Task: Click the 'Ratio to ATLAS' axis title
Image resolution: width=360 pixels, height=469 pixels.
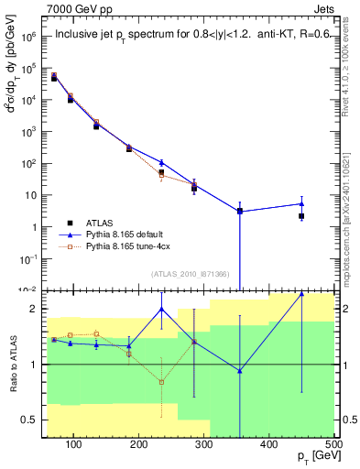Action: click(x=12, y=365)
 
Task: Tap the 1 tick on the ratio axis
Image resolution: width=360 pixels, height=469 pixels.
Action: click(x=34, y=365)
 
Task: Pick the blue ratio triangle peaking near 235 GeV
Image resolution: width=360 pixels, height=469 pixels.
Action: click(x=161, y=310)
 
